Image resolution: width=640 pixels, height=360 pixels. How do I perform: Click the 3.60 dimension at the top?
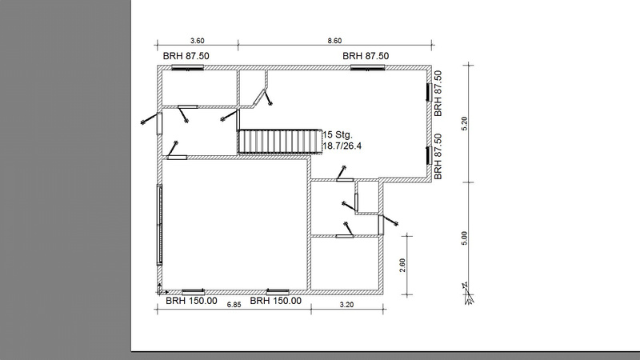coord(197,41)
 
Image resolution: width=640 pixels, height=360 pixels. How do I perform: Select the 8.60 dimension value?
coord(334,41)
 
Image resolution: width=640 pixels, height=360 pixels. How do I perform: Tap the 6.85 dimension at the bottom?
coord(234,305)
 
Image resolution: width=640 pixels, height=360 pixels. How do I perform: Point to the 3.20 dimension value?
coord(346,305)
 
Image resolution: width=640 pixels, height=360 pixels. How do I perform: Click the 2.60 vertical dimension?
coord(402,266)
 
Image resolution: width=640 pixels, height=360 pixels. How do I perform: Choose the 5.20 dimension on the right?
coord(464,124)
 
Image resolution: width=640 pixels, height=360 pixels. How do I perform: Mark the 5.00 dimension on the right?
coord(464,238)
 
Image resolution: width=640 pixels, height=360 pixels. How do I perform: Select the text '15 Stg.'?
coord(338,134)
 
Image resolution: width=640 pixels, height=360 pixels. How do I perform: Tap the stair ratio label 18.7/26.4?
coord(342,146)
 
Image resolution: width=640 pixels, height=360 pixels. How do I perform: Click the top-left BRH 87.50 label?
coord(186,56)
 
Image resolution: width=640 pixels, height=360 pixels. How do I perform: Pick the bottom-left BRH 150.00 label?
coord(191,301)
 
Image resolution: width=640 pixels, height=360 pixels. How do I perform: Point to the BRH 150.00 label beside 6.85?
coord(275,301)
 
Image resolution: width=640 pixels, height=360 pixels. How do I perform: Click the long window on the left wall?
coord(159,225)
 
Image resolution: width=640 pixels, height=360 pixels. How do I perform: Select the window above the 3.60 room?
coord(187,68)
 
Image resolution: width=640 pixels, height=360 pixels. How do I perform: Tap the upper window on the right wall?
coord(430,92)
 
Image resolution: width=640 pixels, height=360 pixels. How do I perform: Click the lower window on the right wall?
coord(430,155)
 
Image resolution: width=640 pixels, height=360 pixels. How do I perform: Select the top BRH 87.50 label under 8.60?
coord(366,56)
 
